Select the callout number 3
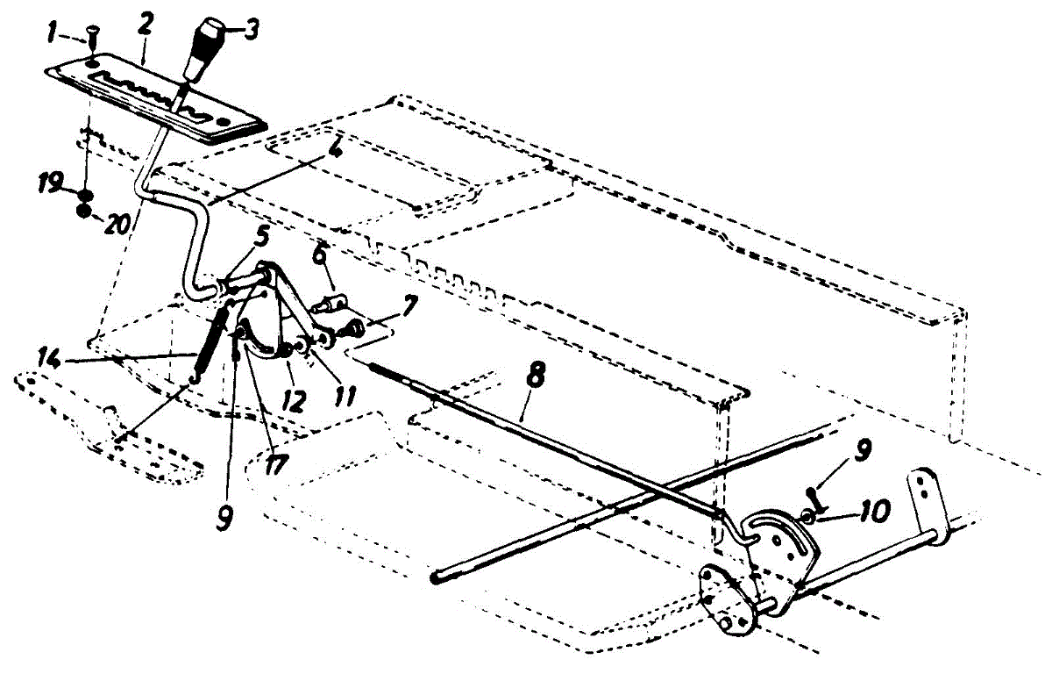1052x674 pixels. pyautogui.click(x=252, y=31)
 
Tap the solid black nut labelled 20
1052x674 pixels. pyautogui.click(x=83, y=212)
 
